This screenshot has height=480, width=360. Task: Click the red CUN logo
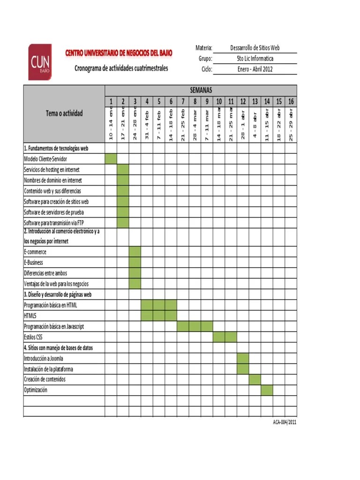pos(40,62)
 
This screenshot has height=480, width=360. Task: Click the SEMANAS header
pos(201,90)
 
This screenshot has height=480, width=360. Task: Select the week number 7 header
pos(183,102)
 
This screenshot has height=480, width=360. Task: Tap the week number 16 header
pos(291,102)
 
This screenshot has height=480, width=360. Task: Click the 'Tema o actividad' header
pos(64,113)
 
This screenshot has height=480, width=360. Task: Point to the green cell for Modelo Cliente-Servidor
pos(111,159)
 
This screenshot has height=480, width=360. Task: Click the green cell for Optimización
pos(267,390)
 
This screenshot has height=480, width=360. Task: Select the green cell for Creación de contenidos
pos(255,379)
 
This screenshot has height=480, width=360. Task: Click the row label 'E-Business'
pos(33,262)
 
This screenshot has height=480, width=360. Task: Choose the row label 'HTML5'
pos(31,315)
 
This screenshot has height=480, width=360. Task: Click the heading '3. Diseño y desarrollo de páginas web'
pos(57,294)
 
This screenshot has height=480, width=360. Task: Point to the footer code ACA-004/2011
pos(285,422)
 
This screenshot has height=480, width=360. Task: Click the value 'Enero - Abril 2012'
pos(255,69)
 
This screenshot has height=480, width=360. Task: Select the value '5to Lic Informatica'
pos(255,59)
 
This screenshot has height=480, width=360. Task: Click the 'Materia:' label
pos(204,48)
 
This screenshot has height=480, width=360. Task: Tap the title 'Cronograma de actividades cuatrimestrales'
pos(121,68)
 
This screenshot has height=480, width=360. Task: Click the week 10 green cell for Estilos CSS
pos(219,337)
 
